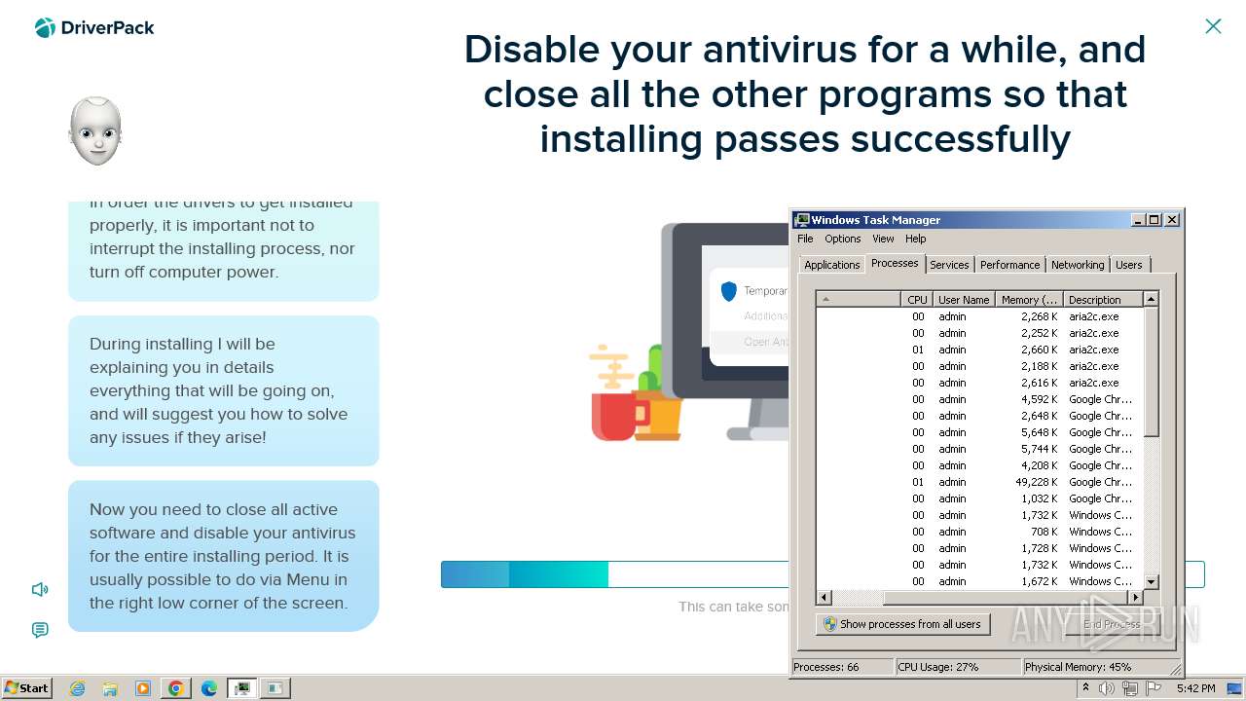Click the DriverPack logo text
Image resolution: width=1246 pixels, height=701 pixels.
pos(107,27)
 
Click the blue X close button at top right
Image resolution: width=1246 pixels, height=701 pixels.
pos(1213,26)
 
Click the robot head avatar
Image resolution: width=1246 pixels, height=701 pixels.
pos(95,130)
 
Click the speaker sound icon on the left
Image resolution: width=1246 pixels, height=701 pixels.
pos(40,589)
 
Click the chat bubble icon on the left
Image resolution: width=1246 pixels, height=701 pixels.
pos(40,630)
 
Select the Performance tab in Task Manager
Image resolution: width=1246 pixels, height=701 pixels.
pos(1009,265)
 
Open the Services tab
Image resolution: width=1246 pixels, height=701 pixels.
pos(949,265)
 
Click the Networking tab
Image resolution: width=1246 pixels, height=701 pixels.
pos(1078,265)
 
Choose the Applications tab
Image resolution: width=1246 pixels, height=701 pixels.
pos(831,265)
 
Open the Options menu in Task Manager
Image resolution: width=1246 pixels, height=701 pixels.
pos(842,239)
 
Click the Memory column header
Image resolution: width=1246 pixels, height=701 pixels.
pos(1029,300)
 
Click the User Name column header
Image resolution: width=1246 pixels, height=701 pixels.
pos(964,300)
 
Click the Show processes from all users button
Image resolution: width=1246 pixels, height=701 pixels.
pos(902,624)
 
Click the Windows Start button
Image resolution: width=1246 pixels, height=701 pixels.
pos(27,687)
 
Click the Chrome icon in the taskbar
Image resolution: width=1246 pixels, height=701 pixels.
pos(176,688)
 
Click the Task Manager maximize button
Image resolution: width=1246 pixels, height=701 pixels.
pos(1154,220)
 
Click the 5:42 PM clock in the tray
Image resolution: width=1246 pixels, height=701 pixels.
pos(1195,688)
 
